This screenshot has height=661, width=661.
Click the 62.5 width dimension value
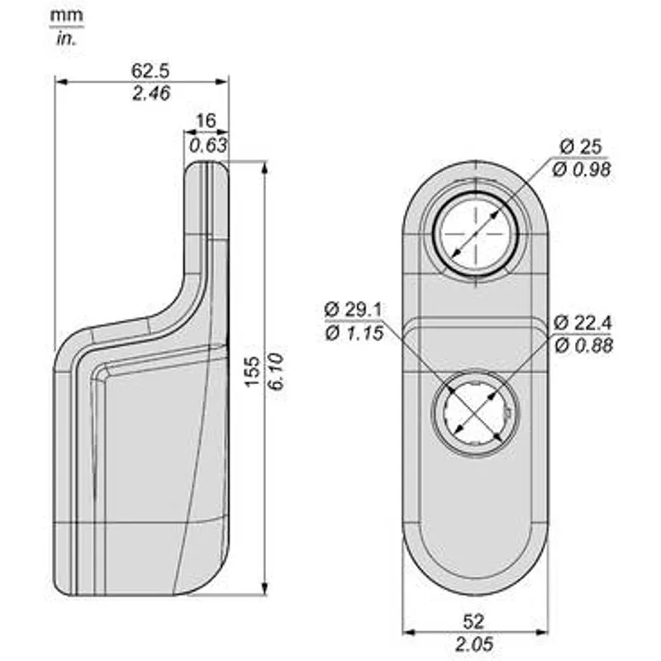[x=150, y=70]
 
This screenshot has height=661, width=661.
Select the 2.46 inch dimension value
[x=151, y=93]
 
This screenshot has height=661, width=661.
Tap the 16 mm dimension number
[x=206, y=121]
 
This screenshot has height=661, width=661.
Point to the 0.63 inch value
[x=208, y=145]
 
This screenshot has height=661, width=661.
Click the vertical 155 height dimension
[x=252, y=372]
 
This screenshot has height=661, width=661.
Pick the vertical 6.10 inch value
[x=276, y=372]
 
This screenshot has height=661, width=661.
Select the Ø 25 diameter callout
[x=581, y=147]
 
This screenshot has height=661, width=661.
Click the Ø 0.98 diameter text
[x=582, y=169]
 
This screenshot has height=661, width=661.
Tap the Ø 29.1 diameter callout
[x=354, y=310]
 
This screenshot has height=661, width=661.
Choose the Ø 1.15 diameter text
[x=354, y=333]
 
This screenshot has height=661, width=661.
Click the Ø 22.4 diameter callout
[x=583, y=323]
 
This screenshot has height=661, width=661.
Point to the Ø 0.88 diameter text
[x=583, y=345]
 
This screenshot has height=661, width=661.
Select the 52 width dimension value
[x=473, y=621]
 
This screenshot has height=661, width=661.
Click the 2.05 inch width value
[x=474, y=644]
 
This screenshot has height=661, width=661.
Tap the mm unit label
[x=66, y=16]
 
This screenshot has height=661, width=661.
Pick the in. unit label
[x=66, y=39]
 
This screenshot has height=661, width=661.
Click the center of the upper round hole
[x=476, y=233]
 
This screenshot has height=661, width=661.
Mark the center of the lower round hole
[x=475, y=414]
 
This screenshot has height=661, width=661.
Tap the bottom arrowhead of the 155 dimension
[x=264, y=588]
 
